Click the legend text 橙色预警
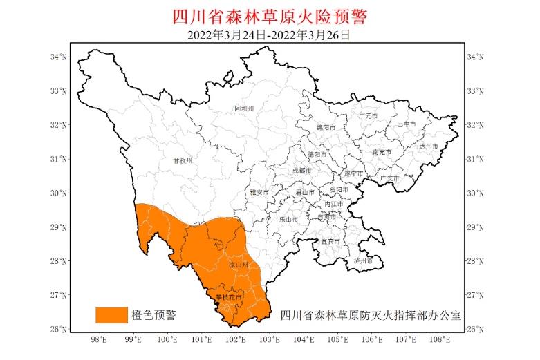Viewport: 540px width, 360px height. pyautogui.click(x=153, y=315)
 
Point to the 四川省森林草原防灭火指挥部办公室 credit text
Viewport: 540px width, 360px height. pyautogui.click(x=371, y=315)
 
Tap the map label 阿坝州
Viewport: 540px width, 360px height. pyautogui.click(x=244, y=108)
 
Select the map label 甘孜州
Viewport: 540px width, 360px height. pyautogui.click(x=181, y=160)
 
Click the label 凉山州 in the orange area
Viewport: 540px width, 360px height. pyautogui.click(x=238, y=265)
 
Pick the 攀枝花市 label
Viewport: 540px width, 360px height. pyautogui.click(x=230, y=297)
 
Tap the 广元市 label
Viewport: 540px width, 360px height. pyautogui.click(x=368, y=115)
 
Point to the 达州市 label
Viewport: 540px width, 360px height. pyautogui.click(x=429, y=146)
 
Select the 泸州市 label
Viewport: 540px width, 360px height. pyautogui.click(x=363, y=261)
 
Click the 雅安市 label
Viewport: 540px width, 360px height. pyautogui.click(x=257, y=192)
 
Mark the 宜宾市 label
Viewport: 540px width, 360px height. pyautogui.click(x=330, y=242)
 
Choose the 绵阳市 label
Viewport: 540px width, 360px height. pyautogui.click(x=325, y=128)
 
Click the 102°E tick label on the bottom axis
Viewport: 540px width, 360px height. pyautogui.click(x=235, y=339)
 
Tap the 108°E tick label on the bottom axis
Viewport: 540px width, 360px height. pyautogui.click(x=440, y=339)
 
